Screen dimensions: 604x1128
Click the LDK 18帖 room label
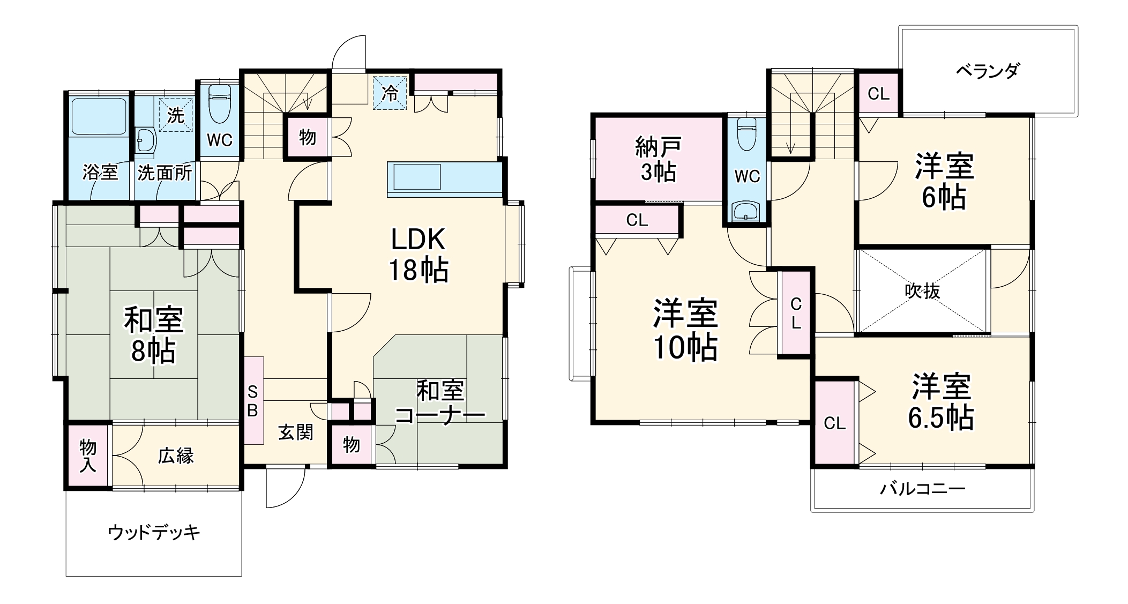point(418,255)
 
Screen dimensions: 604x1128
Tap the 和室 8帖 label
point(154,335)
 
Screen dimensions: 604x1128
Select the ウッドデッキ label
point(154,532)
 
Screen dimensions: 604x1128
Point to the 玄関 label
point(296,432)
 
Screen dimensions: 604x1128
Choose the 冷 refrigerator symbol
point(390,93)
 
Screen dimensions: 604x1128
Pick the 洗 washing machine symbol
point(175,114)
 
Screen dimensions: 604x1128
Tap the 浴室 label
point(100,172)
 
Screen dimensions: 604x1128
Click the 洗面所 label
point(165,172)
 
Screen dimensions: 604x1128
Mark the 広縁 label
point(175,456)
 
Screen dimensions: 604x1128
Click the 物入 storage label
point(88,456)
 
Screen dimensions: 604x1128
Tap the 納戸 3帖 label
point(658,159)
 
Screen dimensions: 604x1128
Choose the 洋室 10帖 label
point(685,330)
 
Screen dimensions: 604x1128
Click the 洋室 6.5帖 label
point(941,402)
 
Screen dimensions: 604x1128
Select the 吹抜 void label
point(922,291)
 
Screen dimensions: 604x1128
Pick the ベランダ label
point(988,71)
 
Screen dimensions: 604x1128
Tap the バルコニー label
point(922,489)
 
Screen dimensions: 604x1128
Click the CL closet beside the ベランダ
point(878,94)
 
